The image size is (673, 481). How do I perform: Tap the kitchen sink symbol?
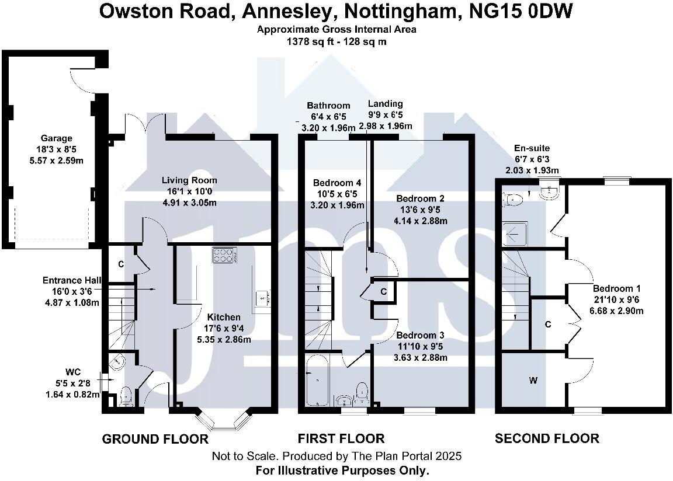click(261, 298)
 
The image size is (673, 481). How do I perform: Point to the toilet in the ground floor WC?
click(124, 398)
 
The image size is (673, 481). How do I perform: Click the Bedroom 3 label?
click(421, 336)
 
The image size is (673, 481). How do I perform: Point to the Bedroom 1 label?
click(617, 288)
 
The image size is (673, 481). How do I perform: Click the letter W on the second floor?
click(533, 381)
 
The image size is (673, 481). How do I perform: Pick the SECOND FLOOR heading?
click(547, 438)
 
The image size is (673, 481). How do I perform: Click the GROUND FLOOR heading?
click(155, 438)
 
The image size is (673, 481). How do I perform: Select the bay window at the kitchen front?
click(226, 420)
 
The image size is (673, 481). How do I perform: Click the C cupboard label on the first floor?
click(383, 291)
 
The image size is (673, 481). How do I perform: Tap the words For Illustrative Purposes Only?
click(342, 470)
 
